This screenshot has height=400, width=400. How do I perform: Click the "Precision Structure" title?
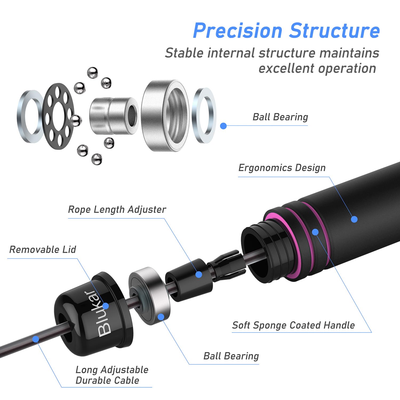[x=286, y=31]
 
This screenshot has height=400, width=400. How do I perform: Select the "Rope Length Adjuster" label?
[x=117, y=210]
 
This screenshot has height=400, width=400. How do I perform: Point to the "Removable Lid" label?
[x=43, y=250]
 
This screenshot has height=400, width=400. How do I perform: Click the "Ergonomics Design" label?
[x=282, y=168]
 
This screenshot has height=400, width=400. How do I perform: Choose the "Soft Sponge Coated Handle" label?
[x=293, y=325]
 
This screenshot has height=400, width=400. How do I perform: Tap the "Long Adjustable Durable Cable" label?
[x=112, y=375]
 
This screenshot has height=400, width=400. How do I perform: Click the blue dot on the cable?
[x=35, y=339]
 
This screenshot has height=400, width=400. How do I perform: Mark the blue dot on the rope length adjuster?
[x=199, y=274]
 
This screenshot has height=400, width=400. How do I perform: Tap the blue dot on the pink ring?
[x=315, y=232]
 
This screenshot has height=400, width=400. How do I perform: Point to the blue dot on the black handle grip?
[x=354, y=219]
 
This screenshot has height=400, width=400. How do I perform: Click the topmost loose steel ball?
[x=93, y=73]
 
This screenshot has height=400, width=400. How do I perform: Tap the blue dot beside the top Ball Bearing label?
[x=223, y=126]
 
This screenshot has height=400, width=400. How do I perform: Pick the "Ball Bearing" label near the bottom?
[x=231, y=356]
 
